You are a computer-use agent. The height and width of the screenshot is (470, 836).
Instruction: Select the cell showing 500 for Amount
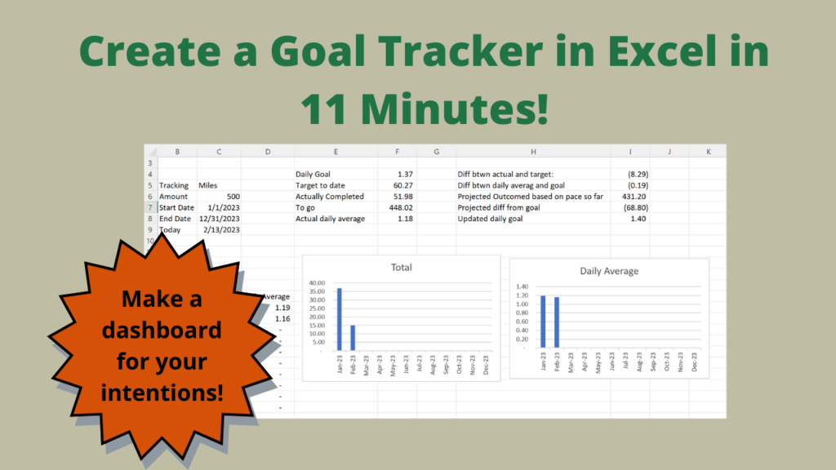[232, 197]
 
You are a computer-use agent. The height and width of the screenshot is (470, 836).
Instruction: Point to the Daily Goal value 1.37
[405, 175]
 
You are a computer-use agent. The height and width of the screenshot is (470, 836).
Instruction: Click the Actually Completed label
[330, 197]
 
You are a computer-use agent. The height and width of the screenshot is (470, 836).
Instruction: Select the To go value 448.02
[401, 207]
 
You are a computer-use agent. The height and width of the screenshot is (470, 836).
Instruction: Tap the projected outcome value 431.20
[634, 197]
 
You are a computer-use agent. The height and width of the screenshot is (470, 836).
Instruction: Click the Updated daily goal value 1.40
[638, 219]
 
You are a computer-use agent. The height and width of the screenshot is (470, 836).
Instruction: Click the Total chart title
[401, 268]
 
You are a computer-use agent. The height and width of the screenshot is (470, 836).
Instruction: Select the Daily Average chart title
[609, 271]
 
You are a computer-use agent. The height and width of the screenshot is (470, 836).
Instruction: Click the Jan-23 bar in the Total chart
[339, 317]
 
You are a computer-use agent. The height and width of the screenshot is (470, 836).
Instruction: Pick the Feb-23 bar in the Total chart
[353, 336]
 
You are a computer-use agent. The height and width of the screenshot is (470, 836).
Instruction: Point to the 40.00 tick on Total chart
[318, 283]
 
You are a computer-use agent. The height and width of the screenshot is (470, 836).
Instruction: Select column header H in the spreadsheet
[533, 152]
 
